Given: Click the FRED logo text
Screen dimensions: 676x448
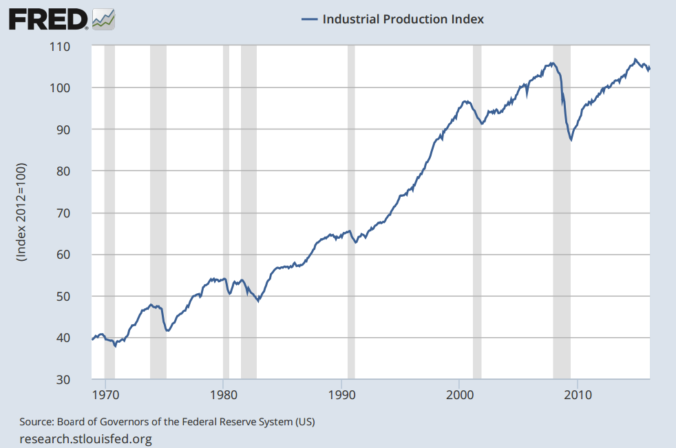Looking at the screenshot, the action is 48,19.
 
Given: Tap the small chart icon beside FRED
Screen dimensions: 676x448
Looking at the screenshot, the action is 103,19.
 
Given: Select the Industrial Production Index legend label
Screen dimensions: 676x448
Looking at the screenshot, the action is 403,19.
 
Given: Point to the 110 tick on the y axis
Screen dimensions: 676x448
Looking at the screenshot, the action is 59,47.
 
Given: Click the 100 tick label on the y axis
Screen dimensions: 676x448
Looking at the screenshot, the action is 59,88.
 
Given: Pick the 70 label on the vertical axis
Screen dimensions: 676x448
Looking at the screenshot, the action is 63,213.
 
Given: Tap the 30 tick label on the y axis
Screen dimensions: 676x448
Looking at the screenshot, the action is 63,380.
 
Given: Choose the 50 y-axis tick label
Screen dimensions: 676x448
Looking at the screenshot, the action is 63,297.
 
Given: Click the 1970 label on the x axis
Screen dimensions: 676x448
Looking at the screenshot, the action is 105,395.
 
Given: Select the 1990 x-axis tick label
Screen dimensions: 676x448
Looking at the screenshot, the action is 341,395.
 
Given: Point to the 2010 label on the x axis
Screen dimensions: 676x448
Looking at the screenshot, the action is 578,395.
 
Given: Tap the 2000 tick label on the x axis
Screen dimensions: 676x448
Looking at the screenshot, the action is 460,395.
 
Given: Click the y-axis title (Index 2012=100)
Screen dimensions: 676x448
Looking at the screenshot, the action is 21,212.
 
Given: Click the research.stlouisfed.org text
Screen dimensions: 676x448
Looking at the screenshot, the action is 86,439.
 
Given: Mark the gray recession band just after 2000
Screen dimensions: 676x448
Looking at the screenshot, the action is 477,212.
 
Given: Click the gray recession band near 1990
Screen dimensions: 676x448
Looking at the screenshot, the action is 351,212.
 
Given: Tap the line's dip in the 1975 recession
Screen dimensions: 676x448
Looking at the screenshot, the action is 168,331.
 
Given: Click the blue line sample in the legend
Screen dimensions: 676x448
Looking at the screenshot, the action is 309,19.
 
